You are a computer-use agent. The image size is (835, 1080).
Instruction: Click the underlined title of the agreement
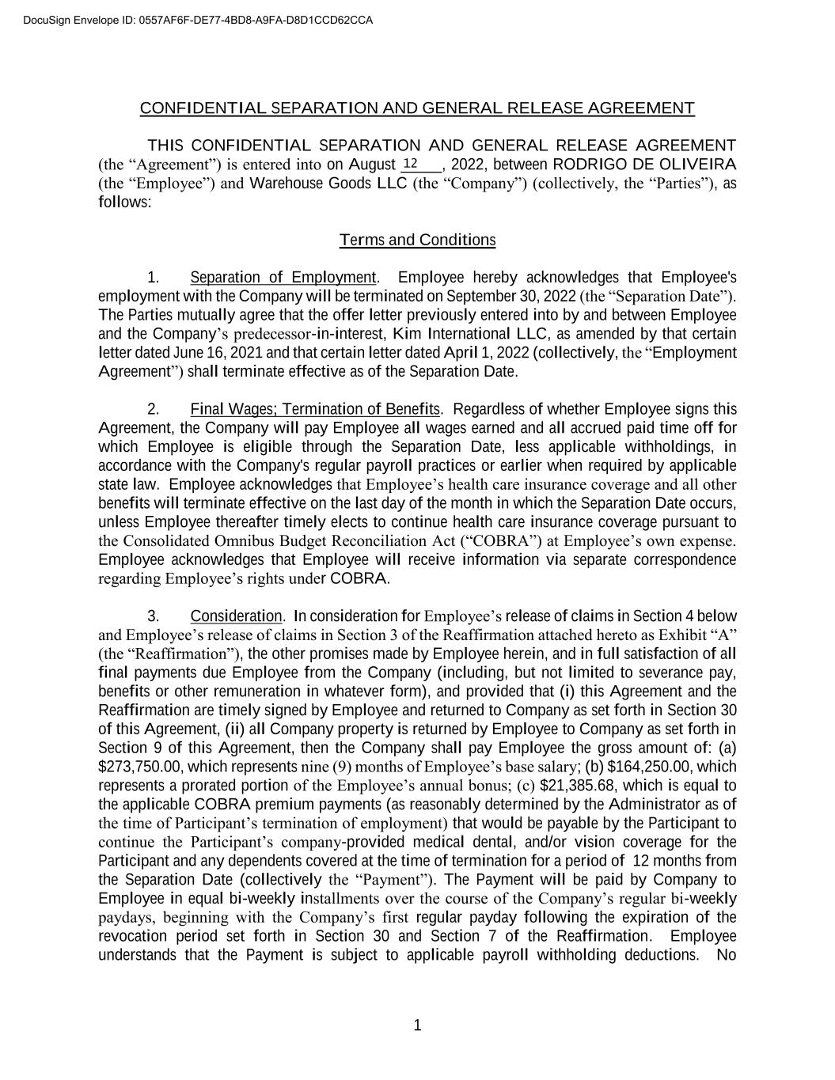click(x=417, y=108)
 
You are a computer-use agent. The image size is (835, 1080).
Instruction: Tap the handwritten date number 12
click(x=411, y=164)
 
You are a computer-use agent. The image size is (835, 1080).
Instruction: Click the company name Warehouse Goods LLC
click(x=328, y=184)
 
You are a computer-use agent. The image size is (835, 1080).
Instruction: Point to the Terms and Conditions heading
click(x=417, y=240)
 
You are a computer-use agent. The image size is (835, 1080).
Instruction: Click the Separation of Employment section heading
click(x=283, y=278)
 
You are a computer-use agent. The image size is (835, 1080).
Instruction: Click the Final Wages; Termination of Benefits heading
click(x=315, y=410)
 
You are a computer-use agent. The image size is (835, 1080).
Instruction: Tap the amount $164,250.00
click(x=648, y=767)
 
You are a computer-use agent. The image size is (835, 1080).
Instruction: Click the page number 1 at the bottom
click(x=418, y=1026)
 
